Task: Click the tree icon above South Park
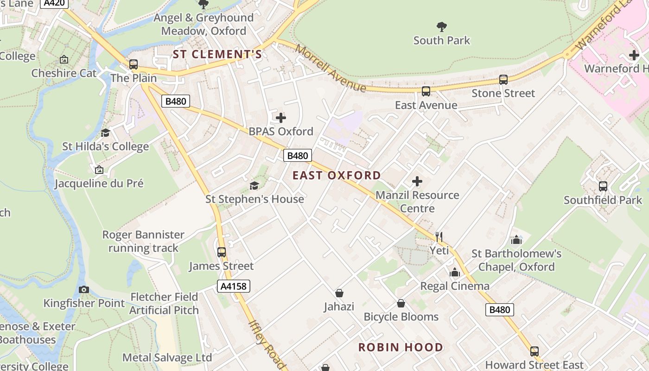(442, 26)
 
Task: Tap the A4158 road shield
(234, 286)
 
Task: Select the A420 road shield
(54, 3)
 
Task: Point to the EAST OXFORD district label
(337, 175)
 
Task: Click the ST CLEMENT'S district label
(217, 54)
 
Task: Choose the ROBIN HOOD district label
(401, 347)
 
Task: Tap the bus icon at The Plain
(134, 64)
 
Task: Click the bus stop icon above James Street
(222, 252)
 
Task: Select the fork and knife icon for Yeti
(439, 237)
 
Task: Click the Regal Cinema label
(454, 286)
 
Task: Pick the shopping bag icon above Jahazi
(339, 293)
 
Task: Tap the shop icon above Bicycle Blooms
(401, 303)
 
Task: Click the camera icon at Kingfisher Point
(84, 290)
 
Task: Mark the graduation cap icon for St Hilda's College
(106, 133)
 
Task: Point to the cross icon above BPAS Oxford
(281, 118)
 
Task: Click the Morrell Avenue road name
(331, 69)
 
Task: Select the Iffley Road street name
(267, 345)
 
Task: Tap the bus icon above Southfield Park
(603, 186)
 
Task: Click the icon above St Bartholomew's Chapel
(516, 240)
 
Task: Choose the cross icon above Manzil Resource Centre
(417, 181)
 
